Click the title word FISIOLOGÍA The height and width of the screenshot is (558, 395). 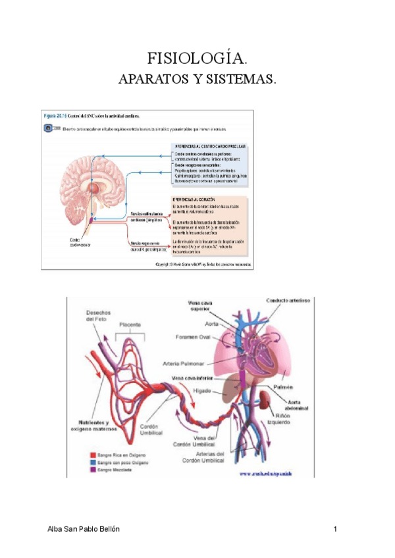click(197, 59)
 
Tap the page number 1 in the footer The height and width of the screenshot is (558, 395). click(335, 529)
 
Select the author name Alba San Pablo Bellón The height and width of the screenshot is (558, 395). click(85, 529)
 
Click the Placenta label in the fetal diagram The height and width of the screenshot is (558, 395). click(133, 325)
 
